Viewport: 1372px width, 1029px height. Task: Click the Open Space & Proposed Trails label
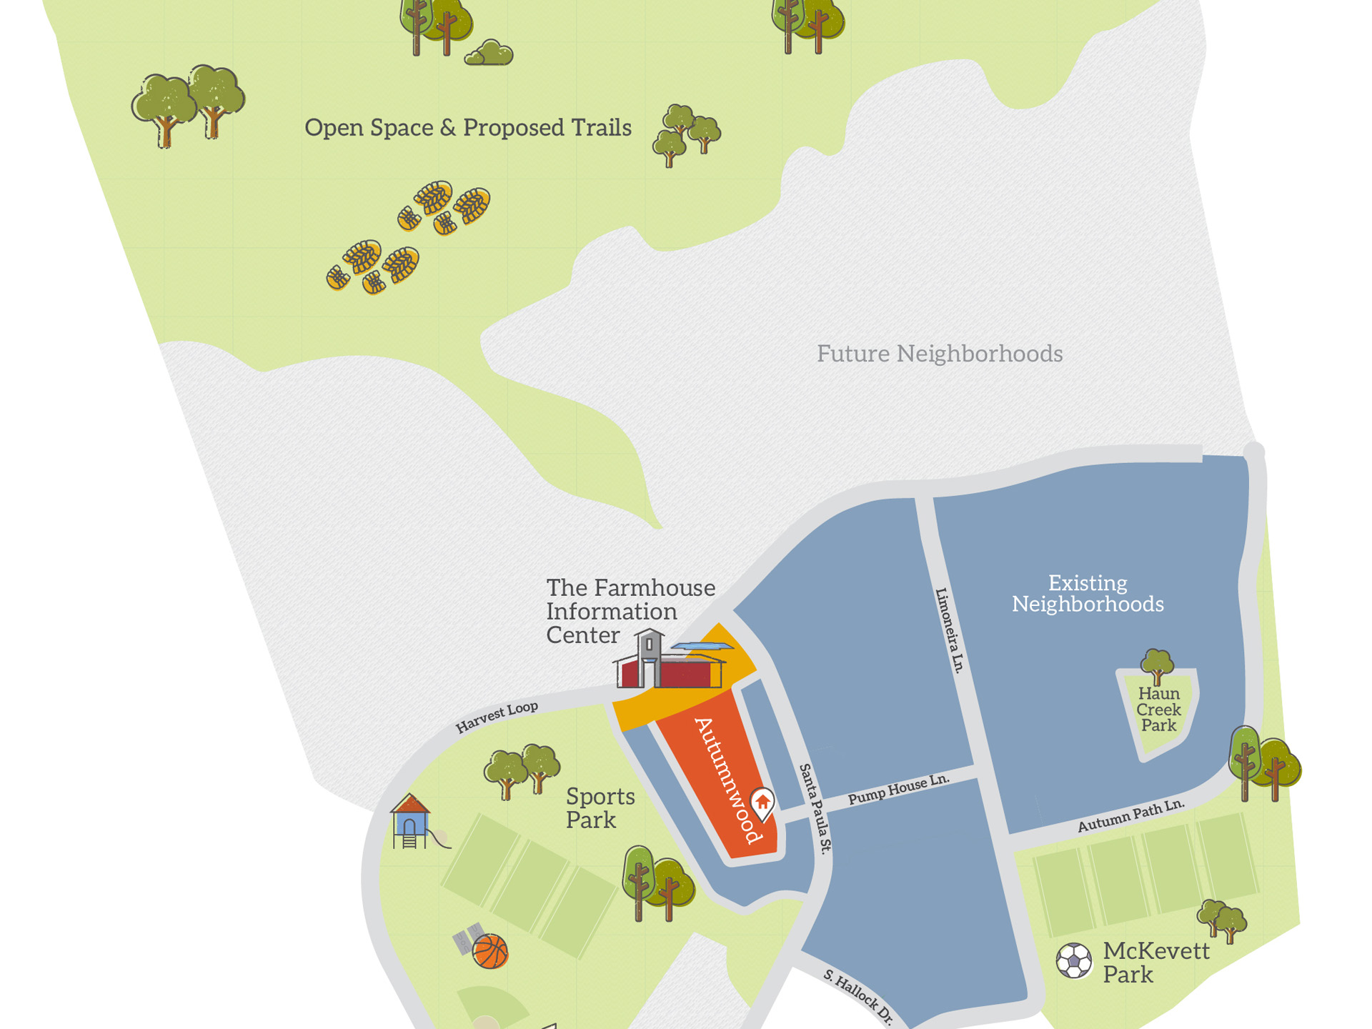468,128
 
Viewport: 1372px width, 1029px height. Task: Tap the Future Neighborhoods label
940,354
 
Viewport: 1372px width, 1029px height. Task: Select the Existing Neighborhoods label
1088,594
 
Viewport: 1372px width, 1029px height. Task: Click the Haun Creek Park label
1158,710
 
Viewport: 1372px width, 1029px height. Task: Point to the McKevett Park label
1155,963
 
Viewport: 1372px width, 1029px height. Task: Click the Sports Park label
600,808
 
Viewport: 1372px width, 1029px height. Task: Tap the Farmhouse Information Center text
630,611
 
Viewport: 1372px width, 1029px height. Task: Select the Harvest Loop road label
497,717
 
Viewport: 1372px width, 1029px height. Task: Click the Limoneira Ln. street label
950,630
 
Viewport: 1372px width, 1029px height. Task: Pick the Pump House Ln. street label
899,790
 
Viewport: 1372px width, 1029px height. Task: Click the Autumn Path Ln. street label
1131,815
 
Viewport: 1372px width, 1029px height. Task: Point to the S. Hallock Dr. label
858,997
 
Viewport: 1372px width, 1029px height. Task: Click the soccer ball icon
1074,960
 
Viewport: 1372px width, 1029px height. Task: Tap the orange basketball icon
491,951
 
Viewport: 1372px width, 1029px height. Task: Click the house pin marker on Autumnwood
762,802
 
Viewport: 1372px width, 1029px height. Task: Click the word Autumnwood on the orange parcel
727,780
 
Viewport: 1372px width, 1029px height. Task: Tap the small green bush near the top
489,54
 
